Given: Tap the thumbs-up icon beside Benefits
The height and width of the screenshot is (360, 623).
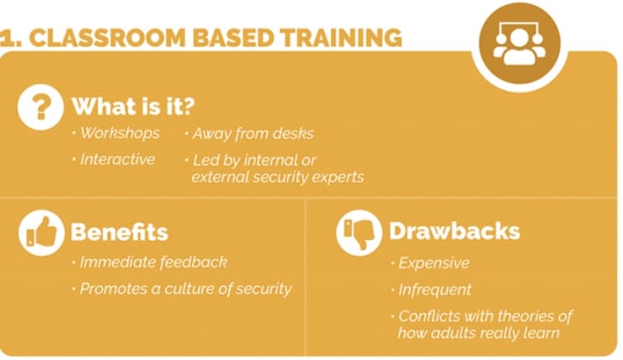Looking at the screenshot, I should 40,232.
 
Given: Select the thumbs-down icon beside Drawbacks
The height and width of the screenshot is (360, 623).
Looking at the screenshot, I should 359,232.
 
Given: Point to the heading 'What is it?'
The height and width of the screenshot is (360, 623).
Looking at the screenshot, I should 133,106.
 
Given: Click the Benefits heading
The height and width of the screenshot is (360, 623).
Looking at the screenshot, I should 118,232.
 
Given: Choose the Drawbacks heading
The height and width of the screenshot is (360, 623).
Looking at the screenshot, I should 453,230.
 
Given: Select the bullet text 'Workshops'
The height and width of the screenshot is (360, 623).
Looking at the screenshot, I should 119,133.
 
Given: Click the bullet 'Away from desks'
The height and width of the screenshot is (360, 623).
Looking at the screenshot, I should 252,133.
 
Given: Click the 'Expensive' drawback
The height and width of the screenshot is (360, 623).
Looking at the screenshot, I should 433,264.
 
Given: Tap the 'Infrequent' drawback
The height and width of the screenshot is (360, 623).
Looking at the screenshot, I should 434,289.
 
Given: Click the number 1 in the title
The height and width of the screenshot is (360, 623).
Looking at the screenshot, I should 6,38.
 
